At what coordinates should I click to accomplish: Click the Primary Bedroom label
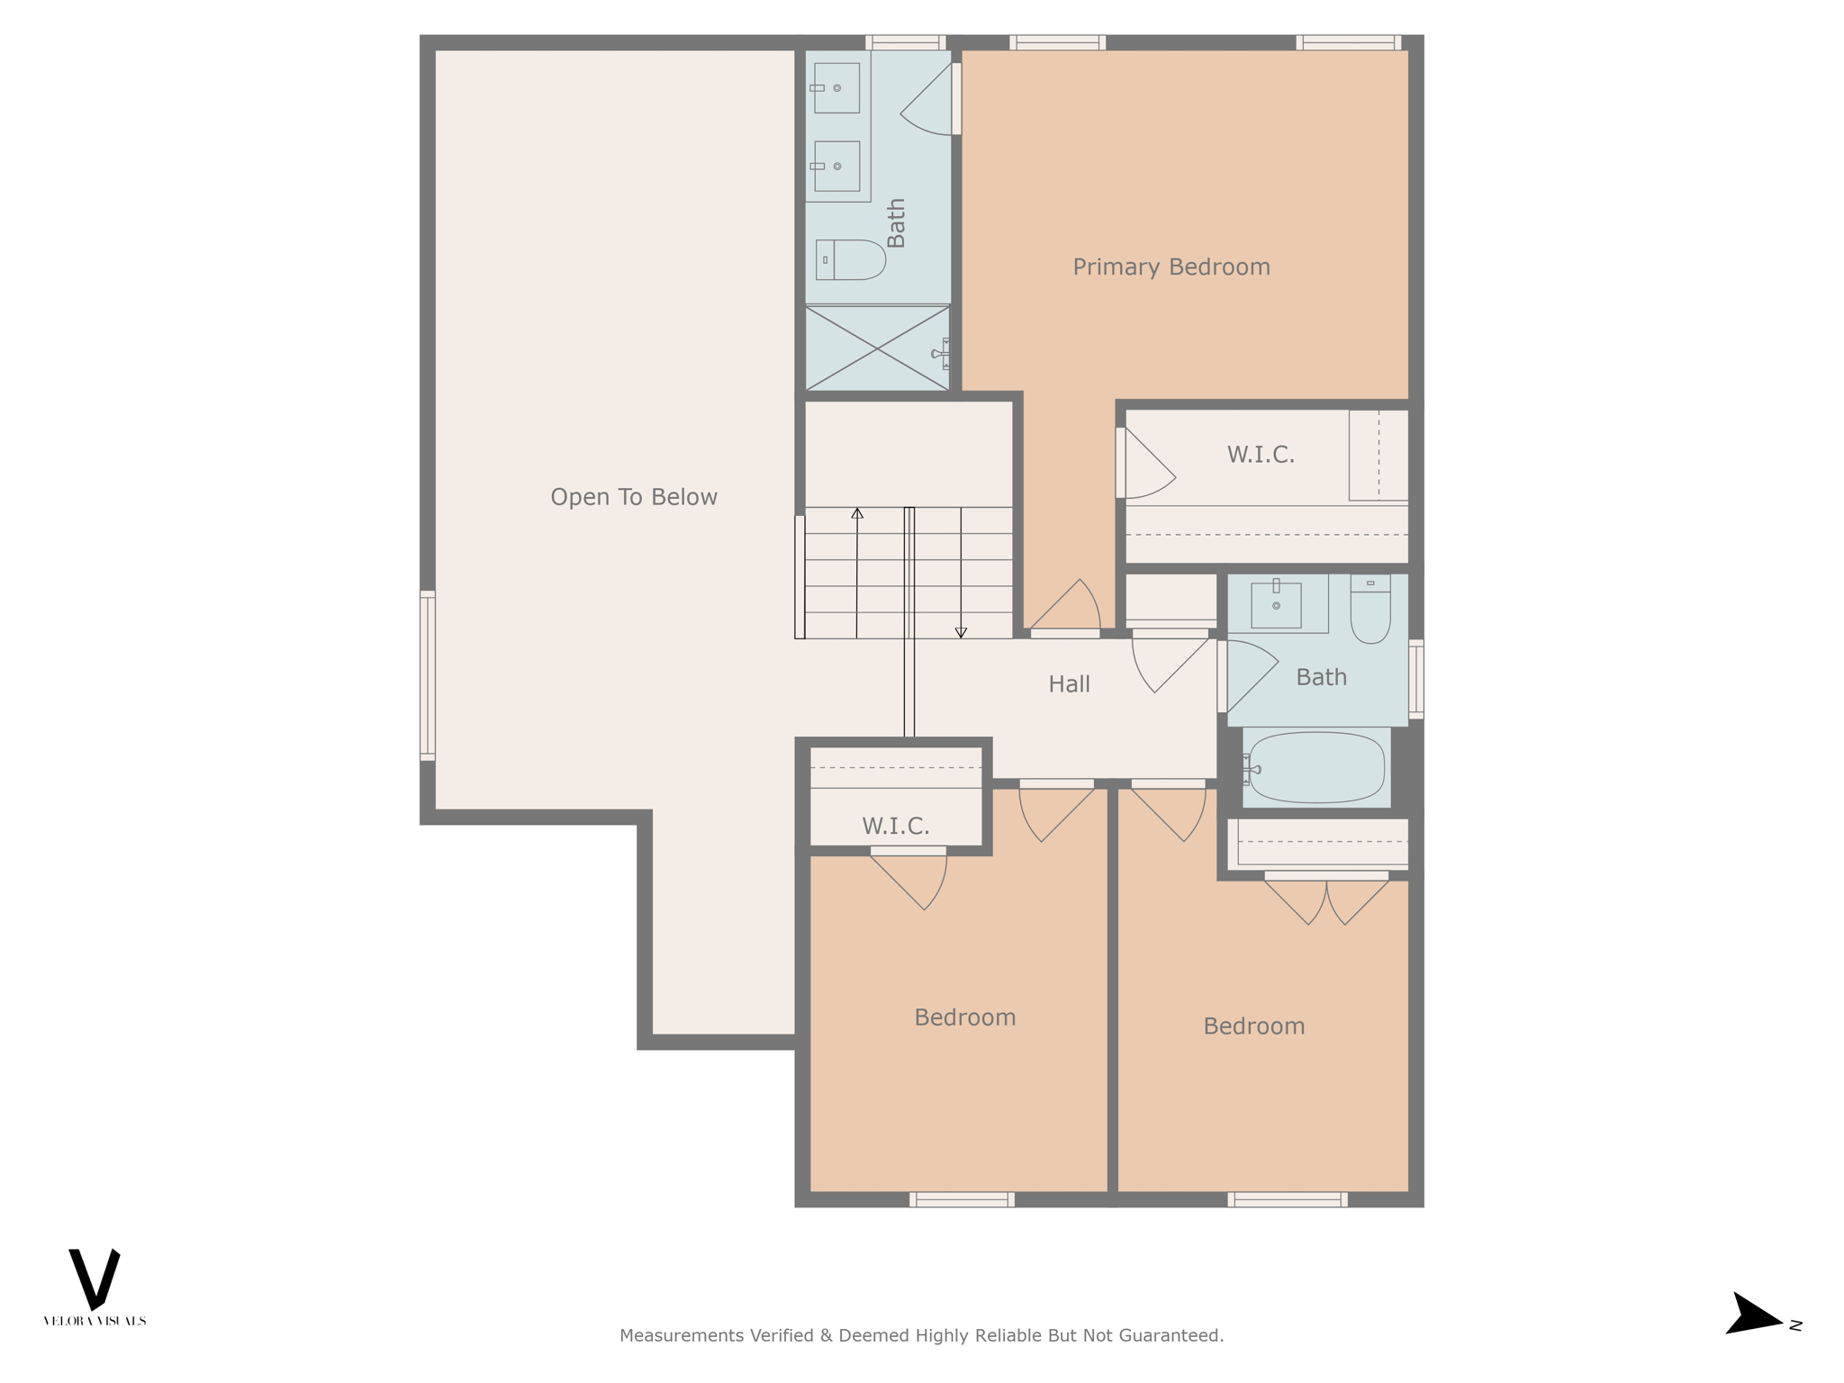[x=1171, y=267]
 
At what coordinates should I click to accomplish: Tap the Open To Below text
[x=633, y=497]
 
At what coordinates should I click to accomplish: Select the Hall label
[x=1069, y=684]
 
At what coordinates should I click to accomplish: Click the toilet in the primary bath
[x=850, y=260]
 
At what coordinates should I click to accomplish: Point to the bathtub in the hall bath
[x=1316, y=767]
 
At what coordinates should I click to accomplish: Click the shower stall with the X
[x=876, y=348]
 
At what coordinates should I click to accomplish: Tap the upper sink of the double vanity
[x=836, y=88]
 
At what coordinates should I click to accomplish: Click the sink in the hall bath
[x=1276, y=605]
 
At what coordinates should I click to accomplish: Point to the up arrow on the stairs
[x=857, y=513]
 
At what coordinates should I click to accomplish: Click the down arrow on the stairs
[x=961, y=632]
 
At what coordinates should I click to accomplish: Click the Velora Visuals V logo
[x=95, y=1279]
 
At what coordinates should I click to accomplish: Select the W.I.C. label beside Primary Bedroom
[x=1260, y=455]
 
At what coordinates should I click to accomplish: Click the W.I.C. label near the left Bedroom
[x=895, y=826]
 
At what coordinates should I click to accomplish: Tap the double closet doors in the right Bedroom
[x=1325, y=900]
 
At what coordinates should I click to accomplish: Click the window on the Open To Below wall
[x=428, y=675]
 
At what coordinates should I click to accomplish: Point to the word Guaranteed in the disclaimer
[x=1170, y=1335]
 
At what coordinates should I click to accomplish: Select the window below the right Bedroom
[x=1287, y=1199]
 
